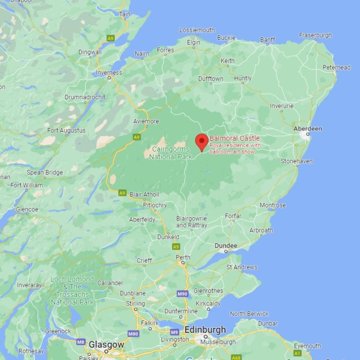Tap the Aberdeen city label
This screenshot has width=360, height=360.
(307, 129)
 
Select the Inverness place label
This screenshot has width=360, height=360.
(109, 72)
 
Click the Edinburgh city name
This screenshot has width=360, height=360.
(205, 330)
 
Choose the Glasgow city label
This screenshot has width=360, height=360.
(106, 345)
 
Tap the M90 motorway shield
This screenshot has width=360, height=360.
(183, 294)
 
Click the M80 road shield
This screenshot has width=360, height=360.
(133, 334)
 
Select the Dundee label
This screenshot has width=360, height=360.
(226, 246)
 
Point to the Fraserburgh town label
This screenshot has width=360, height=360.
(315, 35)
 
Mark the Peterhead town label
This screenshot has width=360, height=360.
(336, 67)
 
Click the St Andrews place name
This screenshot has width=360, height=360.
(242, 267)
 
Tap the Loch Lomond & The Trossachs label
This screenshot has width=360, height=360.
(72, 291)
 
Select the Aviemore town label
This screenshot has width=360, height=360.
(146, 121)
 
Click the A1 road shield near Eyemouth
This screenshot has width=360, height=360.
(297, 354)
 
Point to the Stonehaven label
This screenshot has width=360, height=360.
(297, 161)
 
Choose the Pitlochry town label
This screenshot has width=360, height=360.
(155, 205)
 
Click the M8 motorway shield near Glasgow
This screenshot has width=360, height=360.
(81, 342)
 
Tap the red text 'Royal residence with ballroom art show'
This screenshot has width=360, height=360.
(235, 148)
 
